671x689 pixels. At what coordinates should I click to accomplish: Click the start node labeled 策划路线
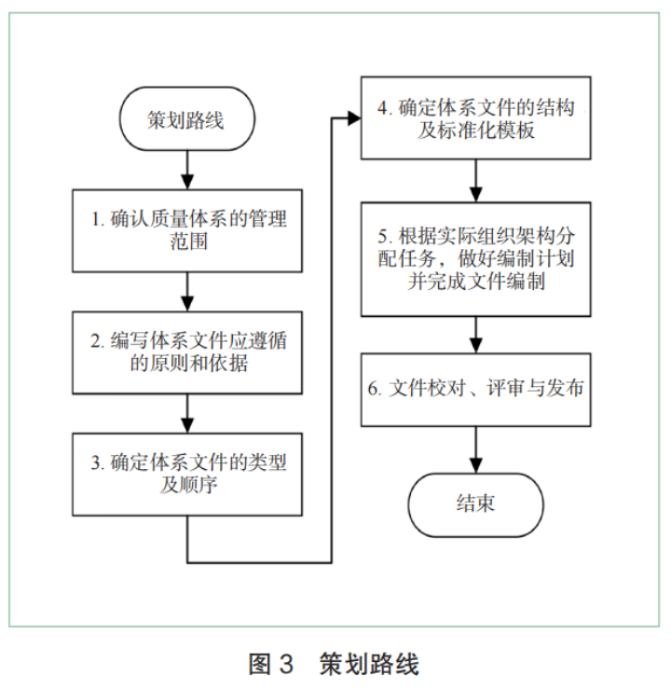click(186, 121)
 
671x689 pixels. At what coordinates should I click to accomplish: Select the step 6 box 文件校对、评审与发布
click(477, 388)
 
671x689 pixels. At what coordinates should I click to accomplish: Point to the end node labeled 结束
click(476, 504)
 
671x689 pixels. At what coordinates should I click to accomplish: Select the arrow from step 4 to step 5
click(477, 180)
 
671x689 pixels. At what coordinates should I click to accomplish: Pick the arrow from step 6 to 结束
click(477, 448)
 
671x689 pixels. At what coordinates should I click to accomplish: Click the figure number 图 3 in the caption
click(271, 665)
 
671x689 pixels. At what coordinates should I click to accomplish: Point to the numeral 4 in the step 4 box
click(383, 106)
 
